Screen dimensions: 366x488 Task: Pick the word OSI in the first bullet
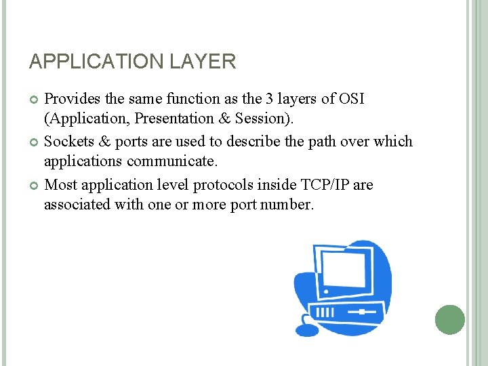(x=350, y=99)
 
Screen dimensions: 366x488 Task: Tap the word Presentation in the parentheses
(x=174, y=119)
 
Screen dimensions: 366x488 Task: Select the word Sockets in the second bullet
(x=68, y=142)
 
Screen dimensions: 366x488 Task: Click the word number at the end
(x=288, y=205)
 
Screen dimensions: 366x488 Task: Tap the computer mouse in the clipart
(x=307, y=330)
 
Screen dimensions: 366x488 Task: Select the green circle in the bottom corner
(x=449, y=319)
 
